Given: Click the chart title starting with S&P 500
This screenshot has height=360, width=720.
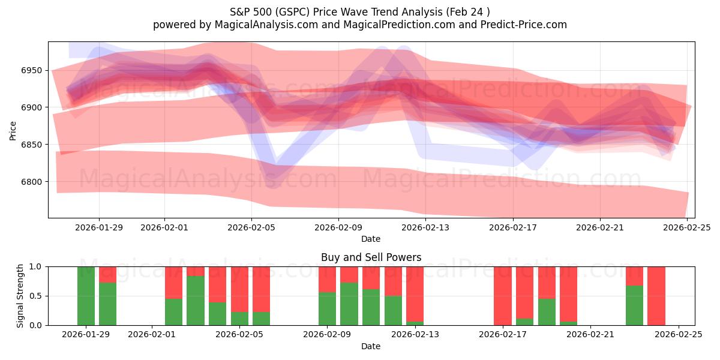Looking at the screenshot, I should pyautogui.click(x=359, y=12).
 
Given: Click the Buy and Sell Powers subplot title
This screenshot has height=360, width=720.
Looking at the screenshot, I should pyautogui.click(x=371, y=257).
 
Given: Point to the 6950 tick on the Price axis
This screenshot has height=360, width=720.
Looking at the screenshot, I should pyautogui.click(x=32, y=70).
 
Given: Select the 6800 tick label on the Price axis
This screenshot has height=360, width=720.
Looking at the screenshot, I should pyautogui.click(x=32, y=182).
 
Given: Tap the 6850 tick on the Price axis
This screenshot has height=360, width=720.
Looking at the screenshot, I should pyautogui.click(x=32, y=145).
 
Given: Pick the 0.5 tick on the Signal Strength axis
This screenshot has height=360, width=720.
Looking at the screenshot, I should pyautogui.click(x=35, y=296).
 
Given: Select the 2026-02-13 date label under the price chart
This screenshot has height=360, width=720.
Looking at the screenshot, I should pyautogui.click(x=425, y=227).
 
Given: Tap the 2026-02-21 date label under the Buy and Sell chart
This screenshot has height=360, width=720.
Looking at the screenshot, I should pyautogui.click(x=590, y=335).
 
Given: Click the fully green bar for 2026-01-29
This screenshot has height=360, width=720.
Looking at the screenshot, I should pyautogui.click(x=86, y=296).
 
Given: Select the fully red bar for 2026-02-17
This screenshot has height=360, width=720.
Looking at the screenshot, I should pyautogui.click(x=503, y=296).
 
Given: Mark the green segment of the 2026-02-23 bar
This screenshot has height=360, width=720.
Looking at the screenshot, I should pyautogui.click(x=634, y=305).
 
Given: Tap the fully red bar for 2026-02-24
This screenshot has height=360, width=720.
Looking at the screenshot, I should pyautogui.click(x=656, y=296).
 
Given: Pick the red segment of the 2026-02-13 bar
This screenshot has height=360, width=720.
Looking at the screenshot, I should pyautogui.click(x=415, y=294).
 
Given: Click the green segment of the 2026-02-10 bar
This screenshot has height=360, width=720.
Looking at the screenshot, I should pyautogui.click(x=349, y=304).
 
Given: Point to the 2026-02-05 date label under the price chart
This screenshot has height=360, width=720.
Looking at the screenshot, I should pyautogui.click(x=251, y=227).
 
